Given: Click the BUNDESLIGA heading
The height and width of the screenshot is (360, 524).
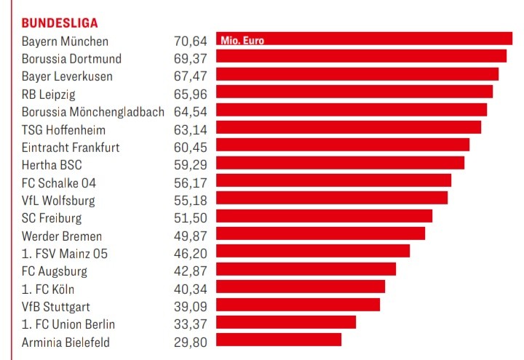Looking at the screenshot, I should [60, 23].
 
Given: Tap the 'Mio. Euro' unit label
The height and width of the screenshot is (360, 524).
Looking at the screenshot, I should [242, 41].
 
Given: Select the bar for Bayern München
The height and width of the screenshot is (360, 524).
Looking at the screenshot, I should [364, 39].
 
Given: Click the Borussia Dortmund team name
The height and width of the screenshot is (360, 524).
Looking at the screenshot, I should [71, 58].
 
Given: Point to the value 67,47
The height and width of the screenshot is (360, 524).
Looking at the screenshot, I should [191, 76].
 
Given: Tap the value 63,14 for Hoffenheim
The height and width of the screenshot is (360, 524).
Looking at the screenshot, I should [191, 130].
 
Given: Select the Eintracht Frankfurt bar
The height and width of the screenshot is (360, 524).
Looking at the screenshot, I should [343, 145].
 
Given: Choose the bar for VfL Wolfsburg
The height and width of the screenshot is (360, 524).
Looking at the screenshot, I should [332, 198].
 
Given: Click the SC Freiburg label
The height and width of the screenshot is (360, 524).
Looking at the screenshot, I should [52, 218].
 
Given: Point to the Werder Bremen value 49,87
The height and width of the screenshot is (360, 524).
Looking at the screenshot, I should [191, 236].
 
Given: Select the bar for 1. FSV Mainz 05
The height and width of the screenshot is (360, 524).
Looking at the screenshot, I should [313, 251].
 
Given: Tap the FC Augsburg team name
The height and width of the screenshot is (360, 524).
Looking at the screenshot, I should [55, 271].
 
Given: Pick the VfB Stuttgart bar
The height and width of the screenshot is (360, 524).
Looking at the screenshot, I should [298, 304].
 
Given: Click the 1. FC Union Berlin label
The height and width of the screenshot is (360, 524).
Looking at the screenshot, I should [68, 324].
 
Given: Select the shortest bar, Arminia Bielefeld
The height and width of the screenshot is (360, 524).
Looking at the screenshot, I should [279, 340].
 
